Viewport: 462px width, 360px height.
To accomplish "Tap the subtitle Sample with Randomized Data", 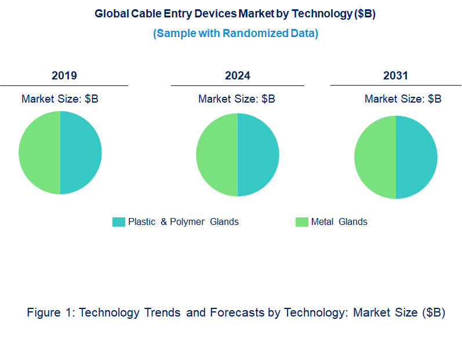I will pyautogui.click(x=235, y=34).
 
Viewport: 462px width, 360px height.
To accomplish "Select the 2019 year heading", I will pyautogui.click(x=64, y=75).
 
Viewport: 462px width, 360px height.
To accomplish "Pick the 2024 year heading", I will pyautogui.click(x=238, y=75).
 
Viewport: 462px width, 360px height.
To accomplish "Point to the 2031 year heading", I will pyautogui.click(x=395, y=75).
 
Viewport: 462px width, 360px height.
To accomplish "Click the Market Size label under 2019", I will pyautogui.click(x=60, y=99).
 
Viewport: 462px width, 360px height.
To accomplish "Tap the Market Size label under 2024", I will pyautogui.click(x=237, y=99).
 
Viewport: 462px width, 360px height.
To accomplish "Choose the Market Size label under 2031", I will pyautogui.click(x=403, y=99).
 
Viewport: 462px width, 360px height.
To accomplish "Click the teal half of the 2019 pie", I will pyautogui.click(x=81, y=153).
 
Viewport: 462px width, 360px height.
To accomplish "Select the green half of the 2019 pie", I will pyautogui.click(x=39, y=153).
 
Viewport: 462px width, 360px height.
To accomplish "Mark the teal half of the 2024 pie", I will pyautogui.click(x=258, y=155).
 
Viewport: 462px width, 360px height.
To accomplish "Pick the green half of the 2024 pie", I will pyautogui.click(x=217, y=155).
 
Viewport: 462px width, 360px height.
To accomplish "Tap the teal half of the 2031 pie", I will pyautogui.click(x=416, y=157).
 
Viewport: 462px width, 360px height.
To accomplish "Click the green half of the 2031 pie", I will pyautogui.click(x=375, y=157).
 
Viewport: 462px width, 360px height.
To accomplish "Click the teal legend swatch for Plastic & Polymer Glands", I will pyautogui.click(x=118, y=222).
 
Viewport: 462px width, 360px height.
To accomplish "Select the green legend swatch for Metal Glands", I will pyautogui.click(x=301, y=222).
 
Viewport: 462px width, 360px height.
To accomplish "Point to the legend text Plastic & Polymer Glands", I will pyautogui.click(x=183, y=222).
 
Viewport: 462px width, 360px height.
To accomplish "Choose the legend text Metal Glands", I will pyautogui.click(x=339, y=222).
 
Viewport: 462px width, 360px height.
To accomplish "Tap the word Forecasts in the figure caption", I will pyautogui.click(x=237, y=312).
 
